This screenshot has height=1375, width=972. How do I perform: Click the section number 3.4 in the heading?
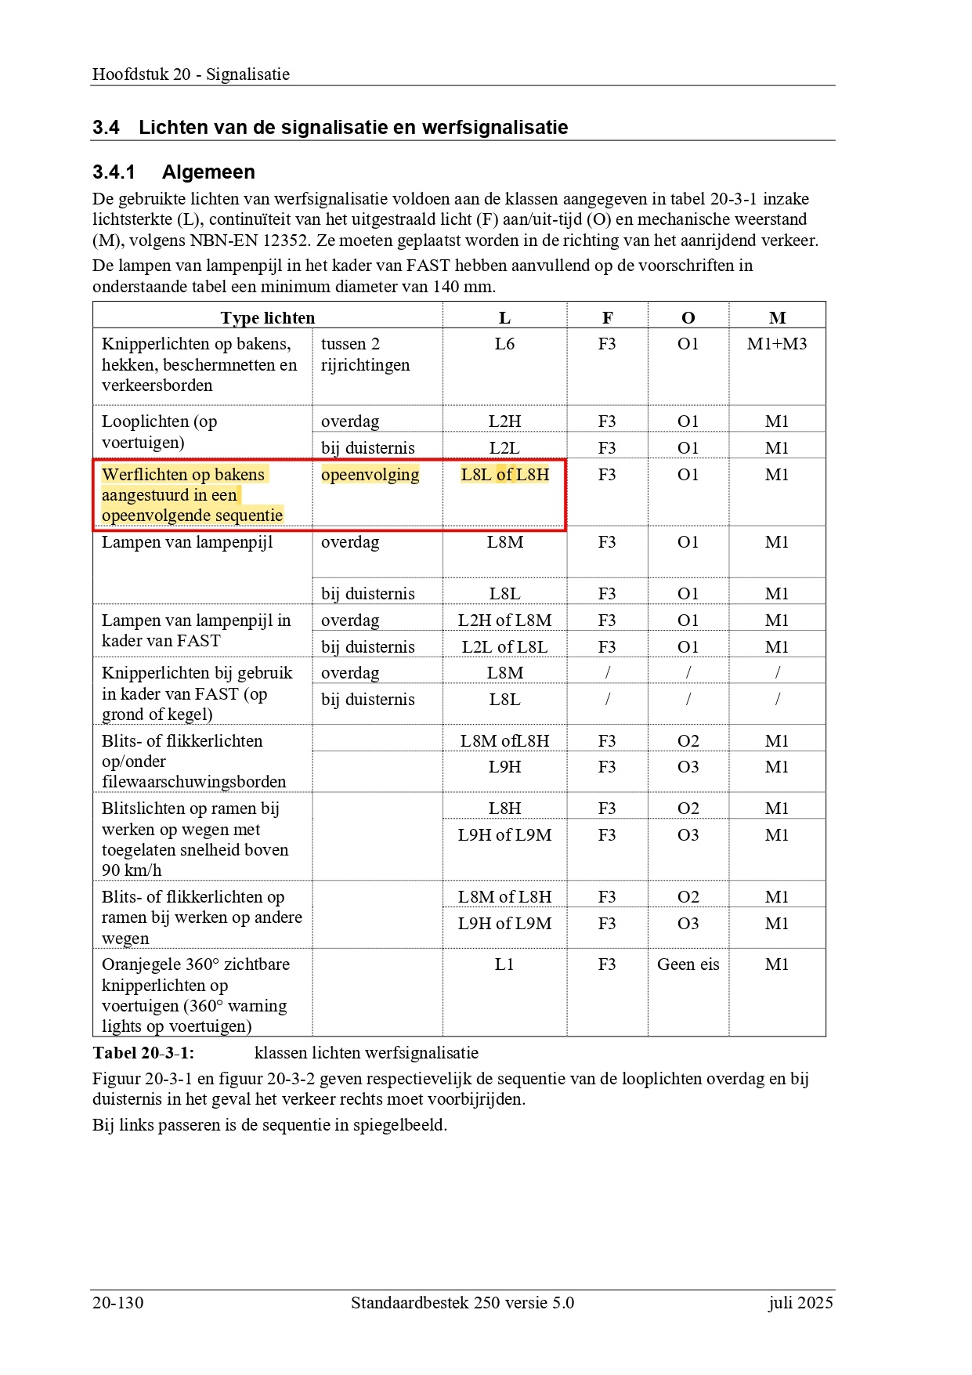[x=106, y=128]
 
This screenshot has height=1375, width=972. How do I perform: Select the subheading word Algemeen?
[x=208, y=172]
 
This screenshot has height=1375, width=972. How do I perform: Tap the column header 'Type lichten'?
[x=267, y=318]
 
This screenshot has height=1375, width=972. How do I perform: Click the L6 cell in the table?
[x=504, y=344]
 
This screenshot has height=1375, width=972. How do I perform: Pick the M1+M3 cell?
[x=776, y=344]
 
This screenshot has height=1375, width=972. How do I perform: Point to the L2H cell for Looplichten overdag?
[x=504, y=422]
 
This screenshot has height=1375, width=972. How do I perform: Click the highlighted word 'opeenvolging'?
[x=370, y=475]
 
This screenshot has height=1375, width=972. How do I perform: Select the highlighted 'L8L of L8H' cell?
[x=504, y=475]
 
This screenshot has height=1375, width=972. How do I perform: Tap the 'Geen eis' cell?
[x=688, y=964]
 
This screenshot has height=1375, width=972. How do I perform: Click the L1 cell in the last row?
[x=504, y=964]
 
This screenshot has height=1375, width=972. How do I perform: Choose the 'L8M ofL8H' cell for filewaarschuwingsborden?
[x=504, y=741]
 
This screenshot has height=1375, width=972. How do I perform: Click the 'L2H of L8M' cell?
[x=504, y=621]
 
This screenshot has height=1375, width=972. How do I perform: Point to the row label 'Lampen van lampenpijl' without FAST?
[x=187, y=542]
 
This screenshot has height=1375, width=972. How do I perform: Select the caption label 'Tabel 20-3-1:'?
[x=143, y=1053]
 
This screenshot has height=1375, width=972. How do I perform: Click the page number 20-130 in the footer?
[x=118, y=1303]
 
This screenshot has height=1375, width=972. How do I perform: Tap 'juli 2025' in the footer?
[x=800, y=1303]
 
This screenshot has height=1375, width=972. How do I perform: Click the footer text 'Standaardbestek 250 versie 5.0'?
[x=462, y=1303]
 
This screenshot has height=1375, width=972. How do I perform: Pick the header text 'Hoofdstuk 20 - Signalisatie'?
[x=191, y=74]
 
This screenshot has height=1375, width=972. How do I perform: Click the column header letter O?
[x=688, y=318]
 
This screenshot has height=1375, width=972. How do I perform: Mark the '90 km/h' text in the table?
[x=132, y=870]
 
